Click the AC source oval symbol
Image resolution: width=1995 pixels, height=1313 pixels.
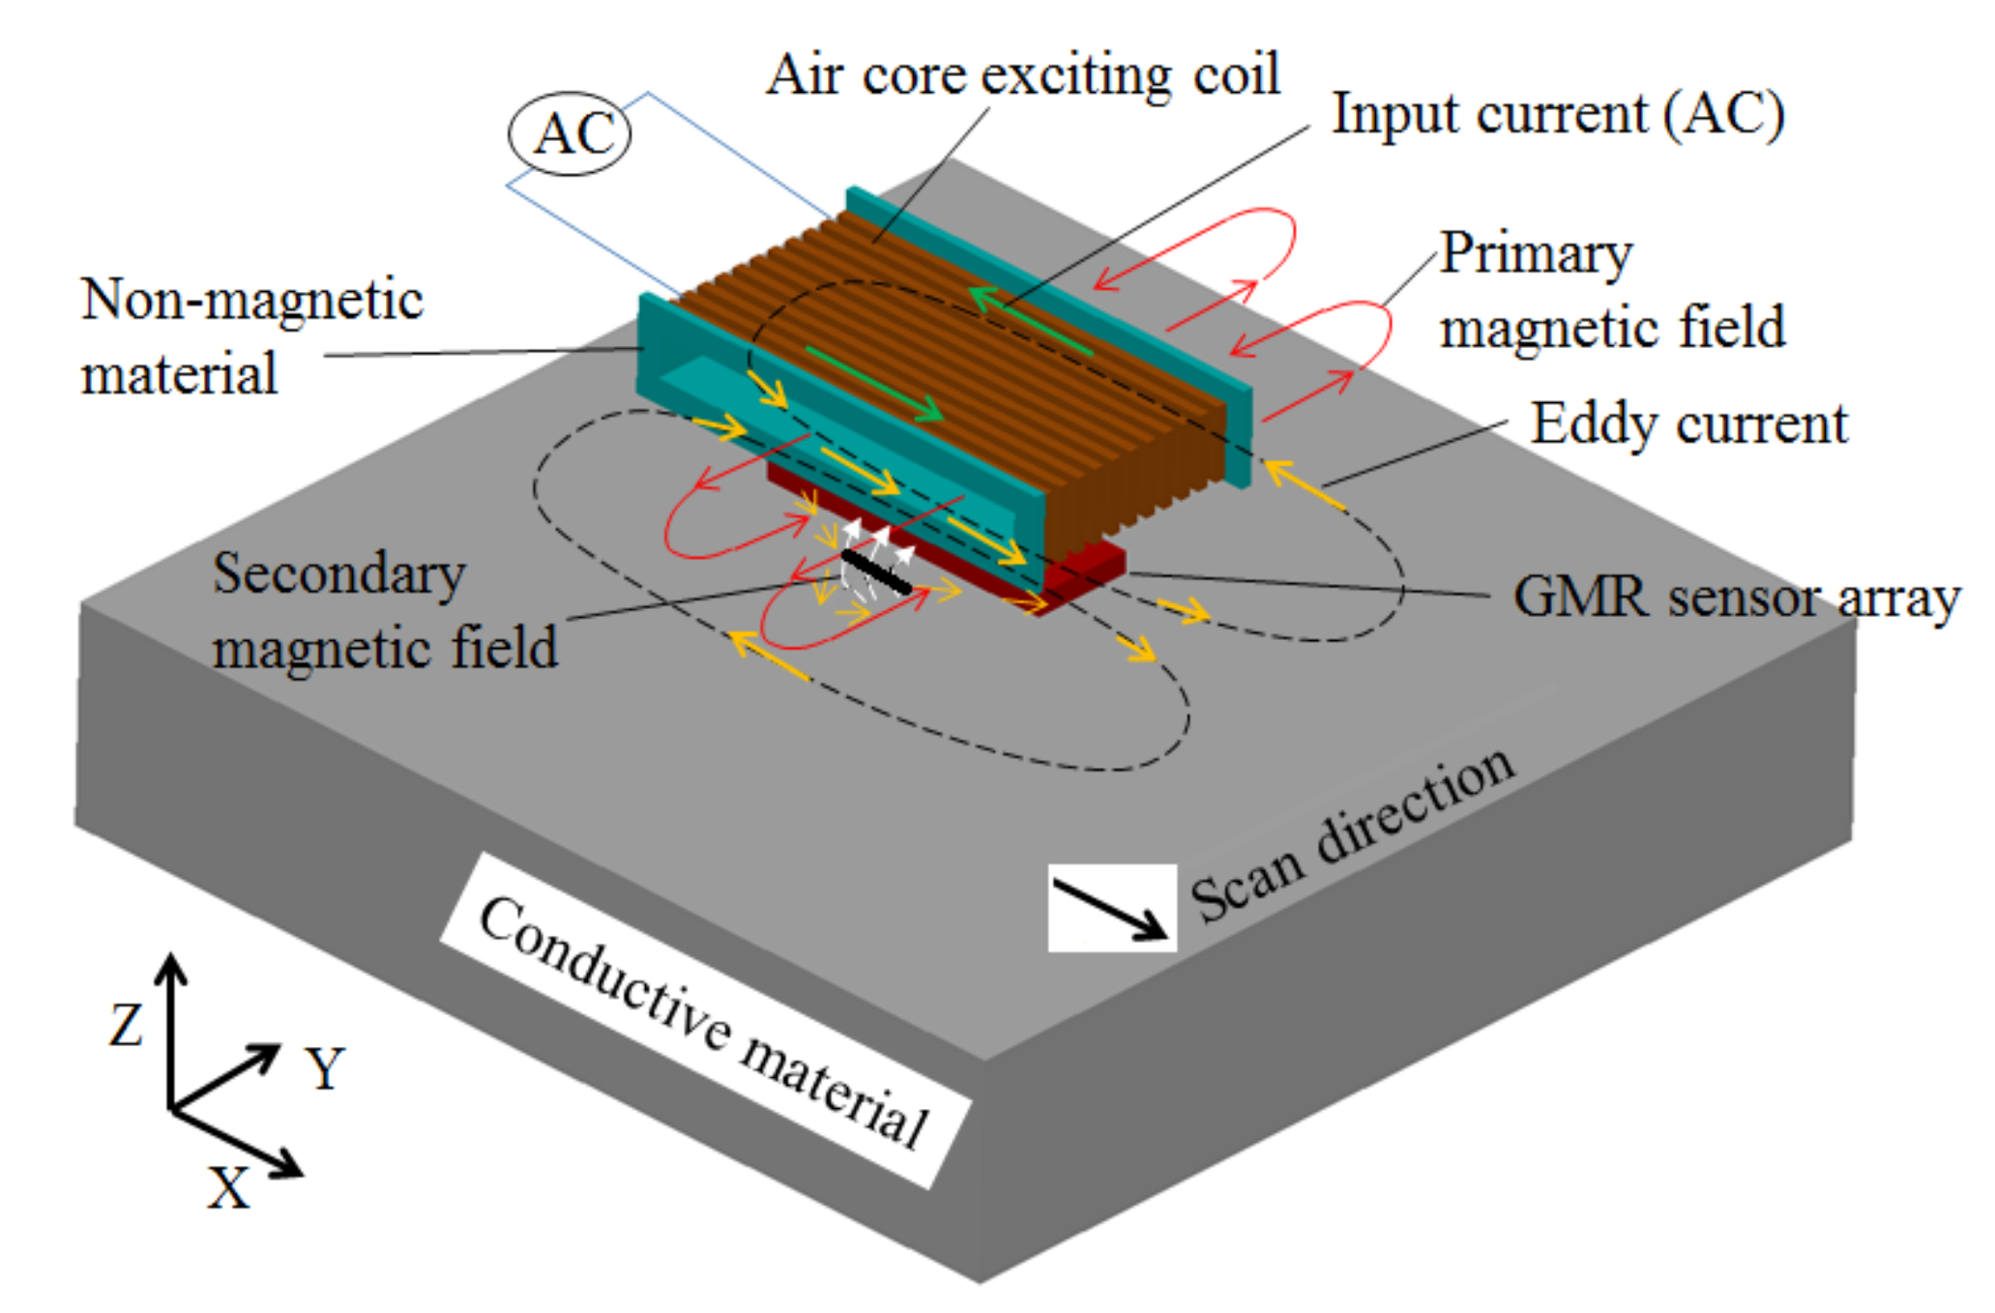click(570, 133)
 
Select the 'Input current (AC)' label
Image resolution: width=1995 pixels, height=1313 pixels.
click(1557, 114)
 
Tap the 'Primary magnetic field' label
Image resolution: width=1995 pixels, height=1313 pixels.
click(1610, 290)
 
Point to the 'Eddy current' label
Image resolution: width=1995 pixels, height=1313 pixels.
click(1687, 423)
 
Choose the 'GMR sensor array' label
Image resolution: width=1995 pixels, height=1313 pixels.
click(1736, 596)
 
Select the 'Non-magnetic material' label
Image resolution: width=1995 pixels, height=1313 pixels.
click(251, 336)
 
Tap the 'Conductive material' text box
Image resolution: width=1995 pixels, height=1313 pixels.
click(705, 1020)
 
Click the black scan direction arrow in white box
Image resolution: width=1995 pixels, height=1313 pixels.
click(1112, 908)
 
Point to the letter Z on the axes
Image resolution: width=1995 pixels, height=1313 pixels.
click(126, 1024)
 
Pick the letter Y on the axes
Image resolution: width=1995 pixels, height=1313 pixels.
click(326, 1067)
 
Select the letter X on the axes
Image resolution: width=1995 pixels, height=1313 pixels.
click(229, 1186)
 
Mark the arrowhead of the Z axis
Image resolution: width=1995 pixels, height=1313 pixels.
click(171, 967)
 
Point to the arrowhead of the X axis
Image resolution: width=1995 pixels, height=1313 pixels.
click(289, 1168)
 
